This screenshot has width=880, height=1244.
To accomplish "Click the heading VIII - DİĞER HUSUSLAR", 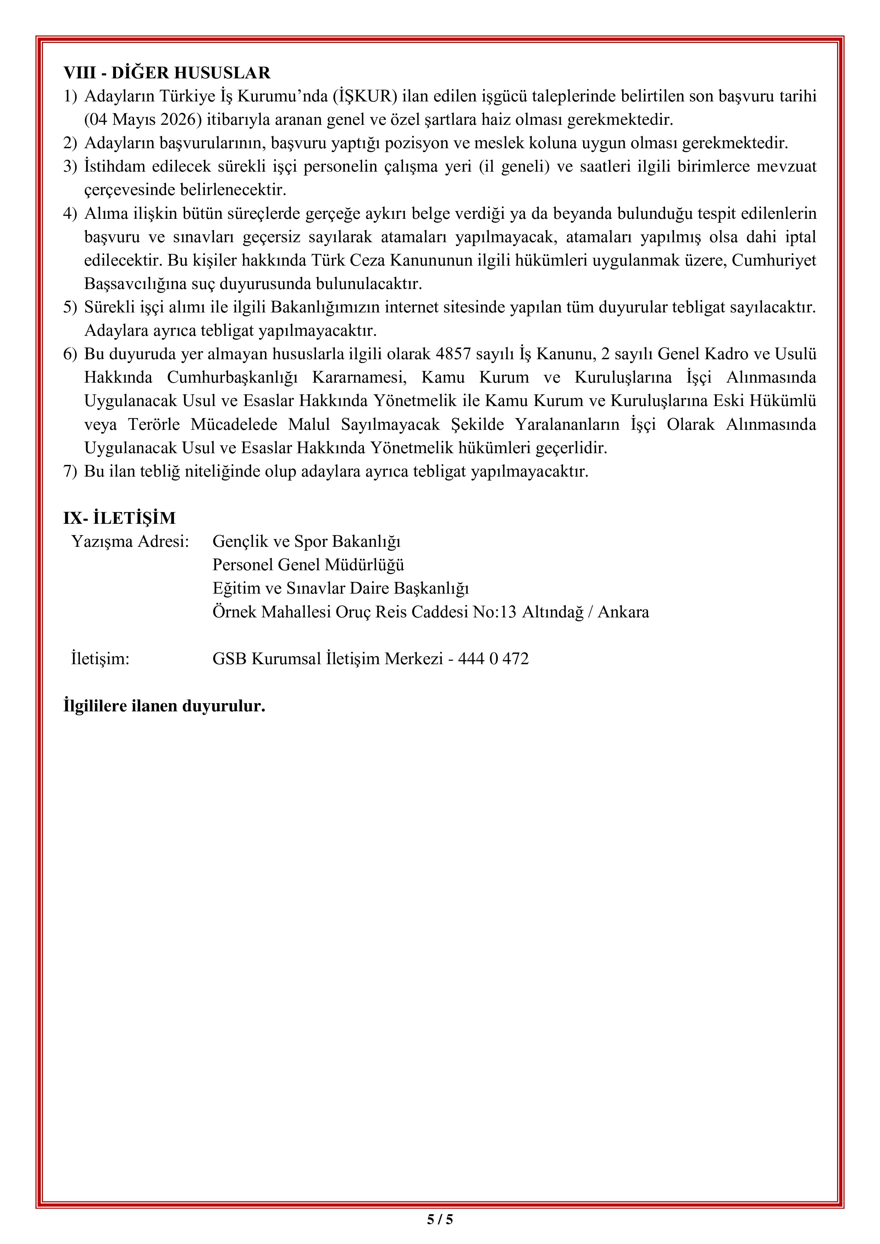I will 167,73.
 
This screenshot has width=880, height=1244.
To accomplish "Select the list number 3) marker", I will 71,166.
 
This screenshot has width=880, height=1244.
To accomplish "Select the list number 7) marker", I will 71,471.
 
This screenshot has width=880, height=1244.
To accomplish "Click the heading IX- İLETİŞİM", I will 119,518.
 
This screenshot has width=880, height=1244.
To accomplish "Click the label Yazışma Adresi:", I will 130,541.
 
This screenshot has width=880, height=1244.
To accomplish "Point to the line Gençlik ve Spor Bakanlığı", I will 306,541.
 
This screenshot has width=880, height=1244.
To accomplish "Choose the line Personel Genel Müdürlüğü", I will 308,565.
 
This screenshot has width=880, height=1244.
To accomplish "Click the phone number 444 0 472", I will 493,659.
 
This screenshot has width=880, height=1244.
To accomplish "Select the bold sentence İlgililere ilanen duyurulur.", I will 164,706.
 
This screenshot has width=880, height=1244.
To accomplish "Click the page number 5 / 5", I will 439,1220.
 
